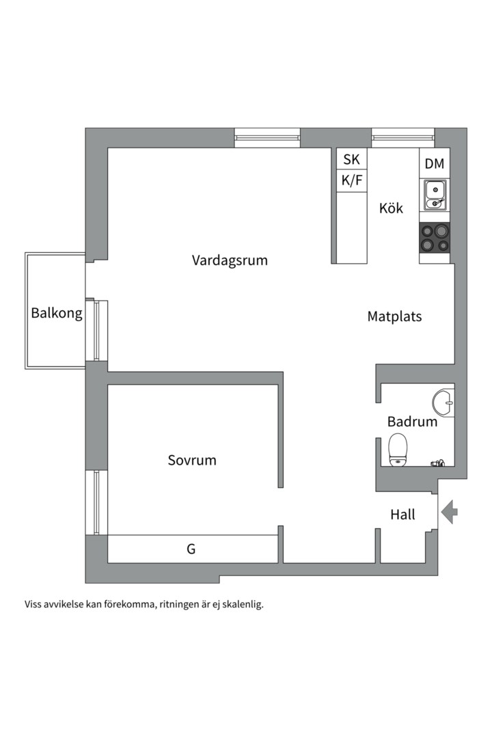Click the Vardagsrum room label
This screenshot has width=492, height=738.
coord(230,260)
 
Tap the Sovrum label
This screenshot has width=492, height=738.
coord(192,460)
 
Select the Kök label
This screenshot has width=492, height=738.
coord(392,208)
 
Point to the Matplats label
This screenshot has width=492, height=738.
coord(394,316)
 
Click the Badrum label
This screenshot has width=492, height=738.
coord(412,422)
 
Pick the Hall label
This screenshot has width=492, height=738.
coord(402,515)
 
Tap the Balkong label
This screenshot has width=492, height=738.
coord(57,314)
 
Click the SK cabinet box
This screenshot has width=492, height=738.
coord(351,160)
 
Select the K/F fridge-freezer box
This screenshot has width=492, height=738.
coord(351,181)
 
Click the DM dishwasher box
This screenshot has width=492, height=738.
coord(435,164)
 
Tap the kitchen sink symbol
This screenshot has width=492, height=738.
coord(435,194)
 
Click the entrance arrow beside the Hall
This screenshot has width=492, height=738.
coord(449,511)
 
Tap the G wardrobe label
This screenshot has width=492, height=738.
coord(191,549)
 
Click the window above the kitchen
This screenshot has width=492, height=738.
coord(402,138)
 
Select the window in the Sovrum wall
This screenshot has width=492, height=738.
coord(96,502)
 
